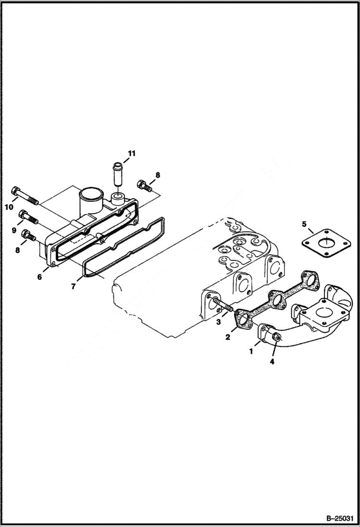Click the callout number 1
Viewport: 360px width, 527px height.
click(250, 351)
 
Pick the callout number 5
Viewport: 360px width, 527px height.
click(304, 224)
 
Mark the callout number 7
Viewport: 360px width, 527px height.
click(73, 286)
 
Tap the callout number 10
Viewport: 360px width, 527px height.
click(8, 207)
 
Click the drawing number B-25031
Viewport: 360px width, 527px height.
click(339, 518)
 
